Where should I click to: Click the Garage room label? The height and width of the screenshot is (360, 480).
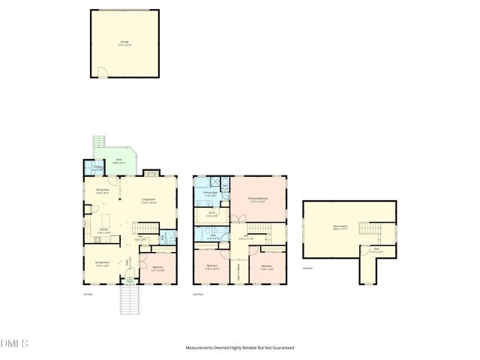[124, 43]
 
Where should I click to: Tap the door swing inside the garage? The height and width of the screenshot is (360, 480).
[103, 72]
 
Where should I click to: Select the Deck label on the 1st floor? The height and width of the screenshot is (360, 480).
[118, 160]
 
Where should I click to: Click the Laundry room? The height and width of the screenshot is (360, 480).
[97, 169]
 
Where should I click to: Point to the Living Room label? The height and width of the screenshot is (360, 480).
[148, 201]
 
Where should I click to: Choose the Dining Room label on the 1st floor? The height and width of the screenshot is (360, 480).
[102, 263]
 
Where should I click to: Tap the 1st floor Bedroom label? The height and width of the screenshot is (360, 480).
[158, 268]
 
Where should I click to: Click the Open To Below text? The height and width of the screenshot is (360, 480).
[238, 267]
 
